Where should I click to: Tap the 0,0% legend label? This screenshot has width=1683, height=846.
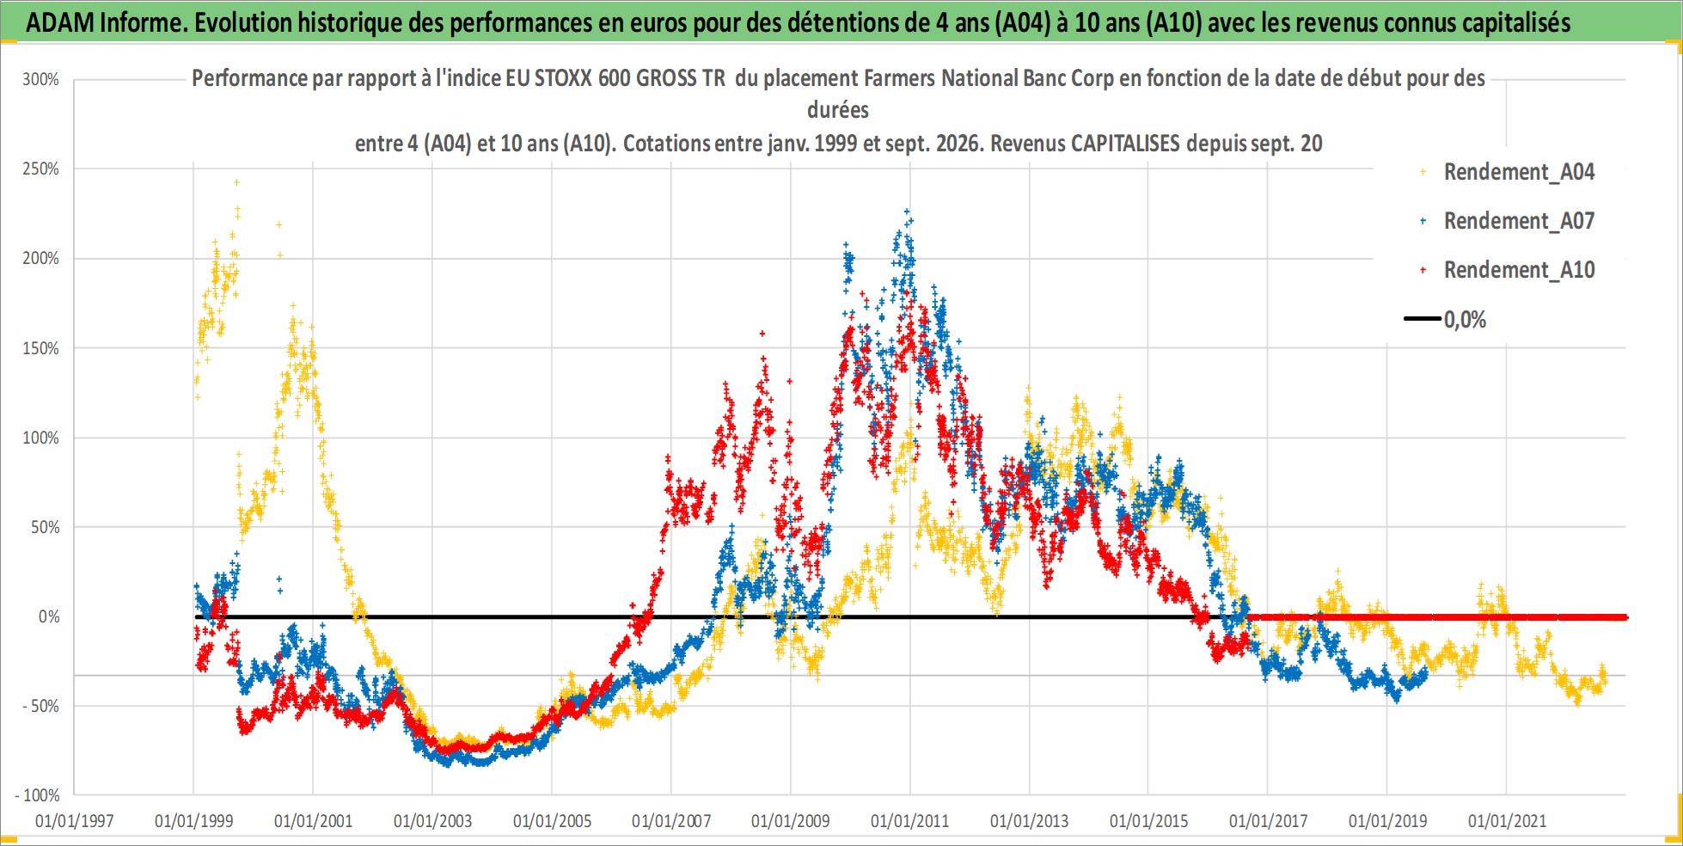coord(1465,320)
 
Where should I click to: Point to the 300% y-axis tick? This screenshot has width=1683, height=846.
coord(41,80)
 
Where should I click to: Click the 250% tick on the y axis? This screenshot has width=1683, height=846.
coord(41,169)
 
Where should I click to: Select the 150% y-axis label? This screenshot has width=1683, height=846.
coord(41,348)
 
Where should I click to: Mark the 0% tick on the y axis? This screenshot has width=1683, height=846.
coord(49,616)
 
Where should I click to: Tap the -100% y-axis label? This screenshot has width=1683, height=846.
coord(38,795)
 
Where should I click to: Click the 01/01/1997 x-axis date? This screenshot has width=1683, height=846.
coord(74,821)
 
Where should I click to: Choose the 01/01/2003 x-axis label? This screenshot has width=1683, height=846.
coord(432,821)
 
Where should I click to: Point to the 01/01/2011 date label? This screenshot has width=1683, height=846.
coord(909,821)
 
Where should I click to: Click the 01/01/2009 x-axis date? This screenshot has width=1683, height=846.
coord(790,821)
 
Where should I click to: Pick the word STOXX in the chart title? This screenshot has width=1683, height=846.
coord(563,78)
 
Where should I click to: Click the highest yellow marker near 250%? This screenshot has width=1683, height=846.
coord(236,182)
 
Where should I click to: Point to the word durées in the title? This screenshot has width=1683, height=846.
coord(838,110)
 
